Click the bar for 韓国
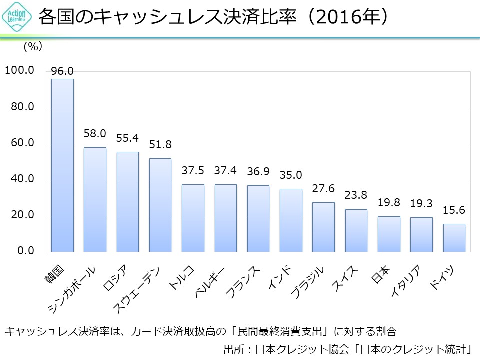[62, 165]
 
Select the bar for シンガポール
[95, 199]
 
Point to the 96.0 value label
[62, 71]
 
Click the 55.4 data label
[127, 138]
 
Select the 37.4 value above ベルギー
[225, 171]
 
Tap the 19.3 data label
[421, 204]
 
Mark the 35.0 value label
[291, 175]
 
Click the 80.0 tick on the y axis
[19, 107]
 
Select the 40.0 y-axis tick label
[19, 179]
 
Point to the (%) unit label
[33, 47]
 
